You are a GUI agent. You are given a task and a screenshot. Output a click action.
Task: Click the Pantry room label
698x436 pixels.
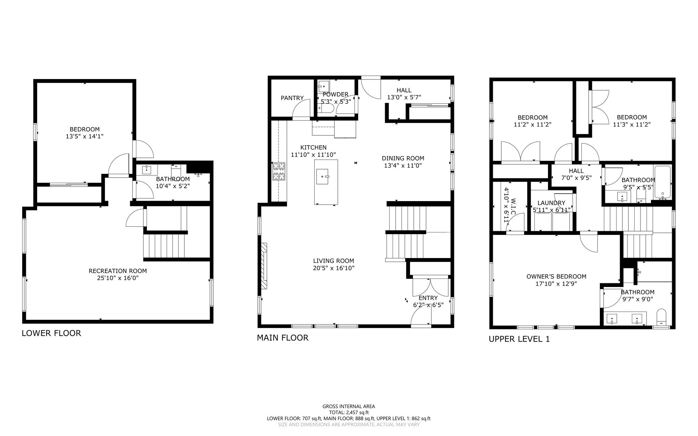pyautogui.click(x=292, y=98)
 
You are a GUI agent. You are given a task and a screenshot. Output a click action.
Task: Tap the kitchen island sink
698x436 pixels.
pyautogui.click(x=322, y=177)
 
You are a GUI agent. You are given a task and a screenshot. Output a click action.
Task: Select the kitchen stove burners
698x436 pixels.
pyautogui.click(x=278, y=171)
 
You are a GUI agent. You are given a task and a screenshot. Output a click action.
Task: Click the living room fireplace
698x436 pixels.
pyautogui.click(x=264, y=266)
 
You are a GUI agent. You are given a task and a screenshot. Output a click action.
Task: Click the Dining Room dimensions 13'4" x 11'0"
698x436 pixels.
pyautogui.click(x=403, y=166)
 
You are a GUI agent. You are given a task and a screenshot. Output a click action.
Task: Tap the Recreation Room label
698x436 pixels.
pyautogui.click(x=118, y=271)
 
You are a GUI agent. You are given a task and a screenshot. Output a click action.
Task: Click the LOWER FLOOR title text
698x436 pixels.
pyautogui.click(x=51, y=333)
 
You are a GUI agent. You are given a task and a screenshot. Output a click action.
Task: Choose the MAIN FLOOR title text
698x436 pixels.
pyautogui.click(x=283, y=338)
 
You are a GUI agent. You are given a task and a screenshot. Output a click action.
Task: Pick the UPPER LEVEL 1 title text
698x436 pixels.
pyautogui.click(x=519, y=339)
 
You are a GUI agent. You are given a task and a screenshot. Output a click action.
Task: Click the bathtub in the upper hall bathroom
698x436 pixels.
pyautogui.click(x=662, y=183)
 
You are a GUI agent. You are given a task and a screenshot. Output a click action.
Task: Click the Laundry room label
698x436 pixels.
pyautogui.click(x=551, y=203)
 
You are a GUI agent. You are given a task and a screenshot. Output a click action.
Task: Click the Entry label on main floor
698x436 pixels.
pyautogui.click(x=428, y=298)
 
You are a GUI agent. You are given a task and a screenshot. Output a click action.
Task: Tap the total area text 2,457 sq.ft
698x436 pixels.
pyautogui.click(x=349, y=412)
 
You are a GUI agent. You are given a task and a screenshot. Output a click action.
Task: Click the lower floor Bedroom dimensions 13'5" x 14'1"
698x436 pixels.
pyautogui.click(x=85, y=136)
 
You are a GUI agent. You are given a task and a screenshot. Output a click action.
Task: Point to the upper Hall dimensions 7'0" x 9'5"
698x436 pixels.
pyautogui.click(x=576, y=178)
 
